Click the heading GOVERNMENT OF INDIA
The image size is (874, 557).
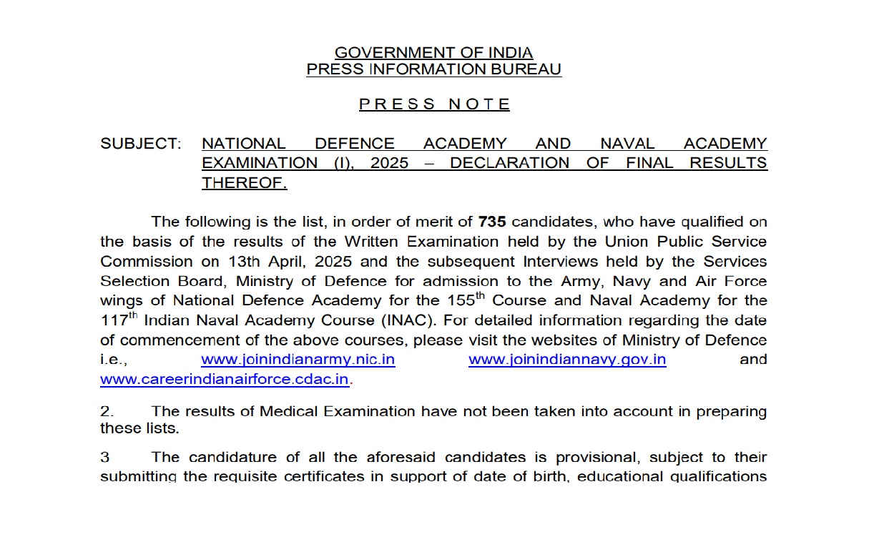click(433, 53)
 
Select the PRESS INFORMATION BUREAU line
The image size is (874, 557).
click(433, 69)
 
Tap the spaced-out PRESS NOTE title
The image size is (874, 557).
click(434, 104)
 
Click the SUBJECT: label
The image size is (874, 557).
click(141, 144)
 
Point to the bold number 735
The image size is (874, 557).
click(492, 222)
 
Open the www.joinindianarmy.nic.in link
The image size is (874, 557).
click(298, 360)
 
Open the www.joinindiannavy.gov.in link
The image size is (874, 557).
click(567, 360)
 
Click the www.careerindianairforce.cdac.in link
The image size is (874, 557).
click(225, 380)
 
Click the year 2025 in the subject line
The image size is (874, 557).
click(389, 163)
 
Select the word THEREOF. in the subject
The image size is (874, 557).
click(244, 182)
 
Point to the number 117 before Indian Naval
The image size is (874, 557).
click(114, 320)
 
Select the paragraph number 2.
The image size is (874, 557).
click(106, 412)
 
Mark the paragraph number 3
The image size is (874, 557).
click(104, 457)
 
